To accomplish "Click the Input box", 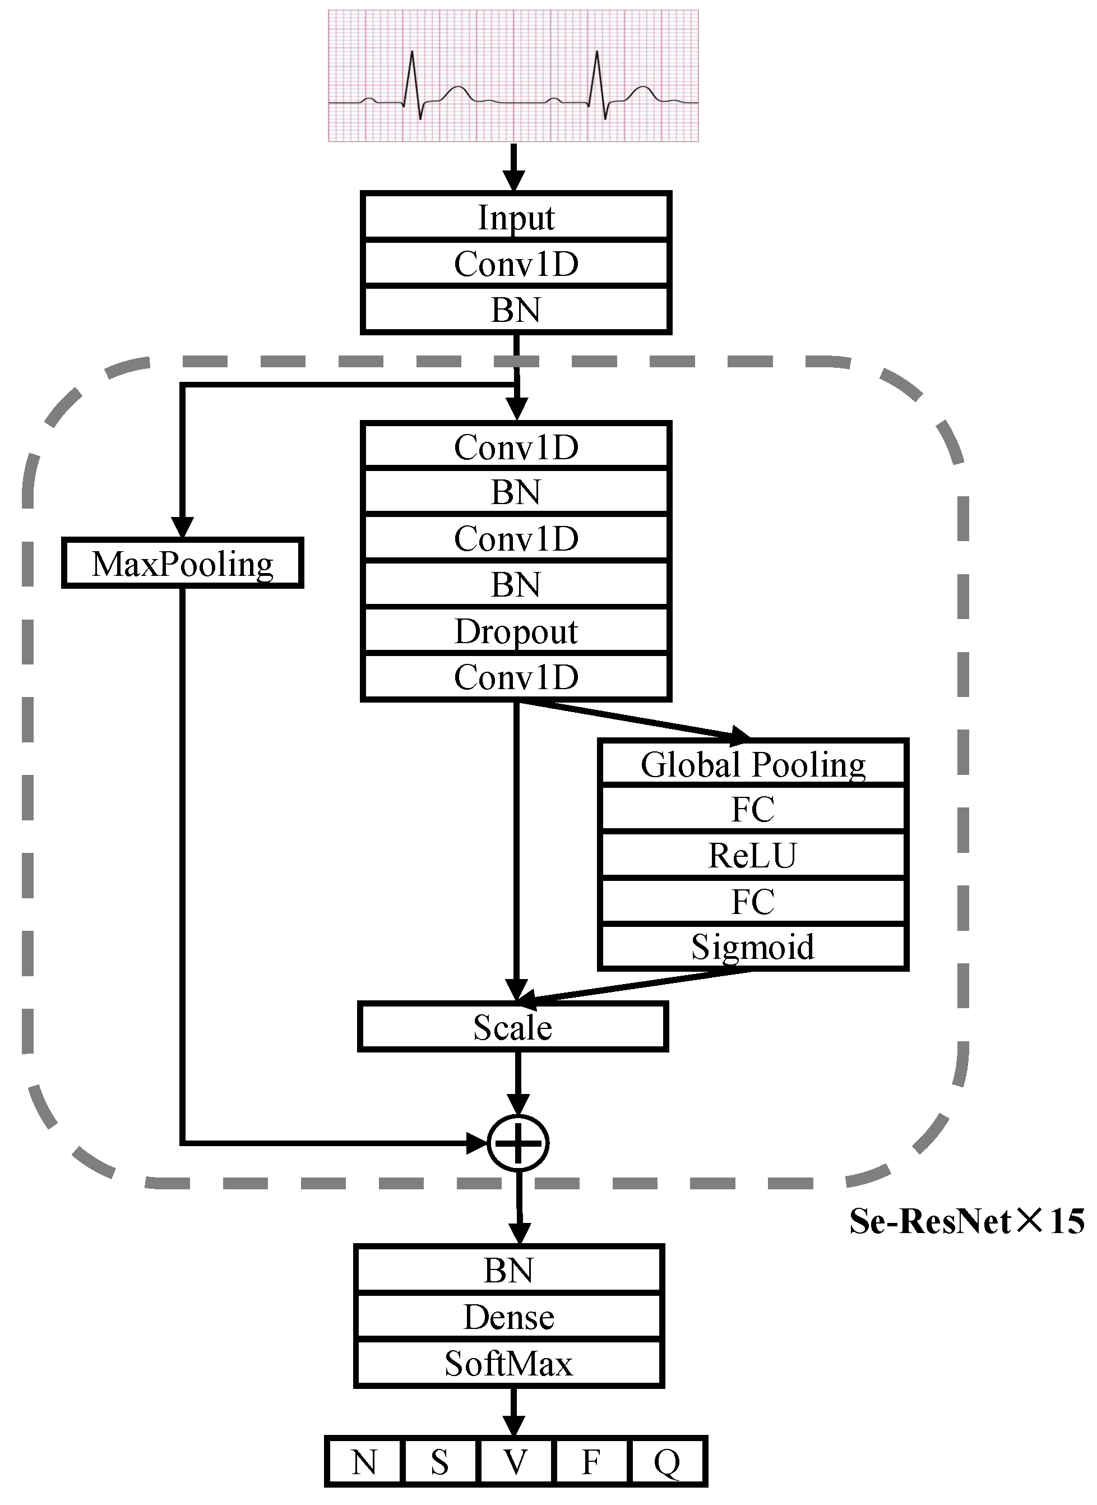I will click(x=516, y=217).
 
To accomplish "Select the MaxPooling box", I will click(x=183, y=563).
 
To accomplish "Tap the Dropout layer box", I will click(x=516, y=631).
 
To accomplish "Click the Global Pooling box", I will click(x=752, y=764).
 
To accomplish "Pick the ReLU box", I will click(x=752, y=855).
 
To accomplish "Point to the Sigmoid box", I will click(x=752, y=947).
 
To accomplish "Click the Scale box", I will click(x=513, y=1027).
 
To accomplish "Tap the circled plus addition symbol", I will click(x=518, y=1143).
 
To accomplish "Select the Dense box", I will click(x=508, y=1317).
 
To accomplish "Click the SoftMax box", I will click(x=508, y=1364).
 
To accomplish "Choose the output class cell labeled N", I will click(x=364, y=1461).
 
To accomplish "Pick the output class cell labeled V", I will click(x=515, y=1461).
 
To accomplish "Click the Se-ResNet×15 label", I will click(x=966, y=1221).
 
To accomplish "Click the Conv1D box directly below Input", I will click(x=516, y=264).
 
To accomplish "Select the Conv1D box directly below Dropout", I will click(x=516, y=677).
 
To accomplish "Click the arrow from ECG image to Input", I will click(x=513, y=166).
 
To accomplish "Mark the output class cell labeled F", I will click(x=591, y=1461).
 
